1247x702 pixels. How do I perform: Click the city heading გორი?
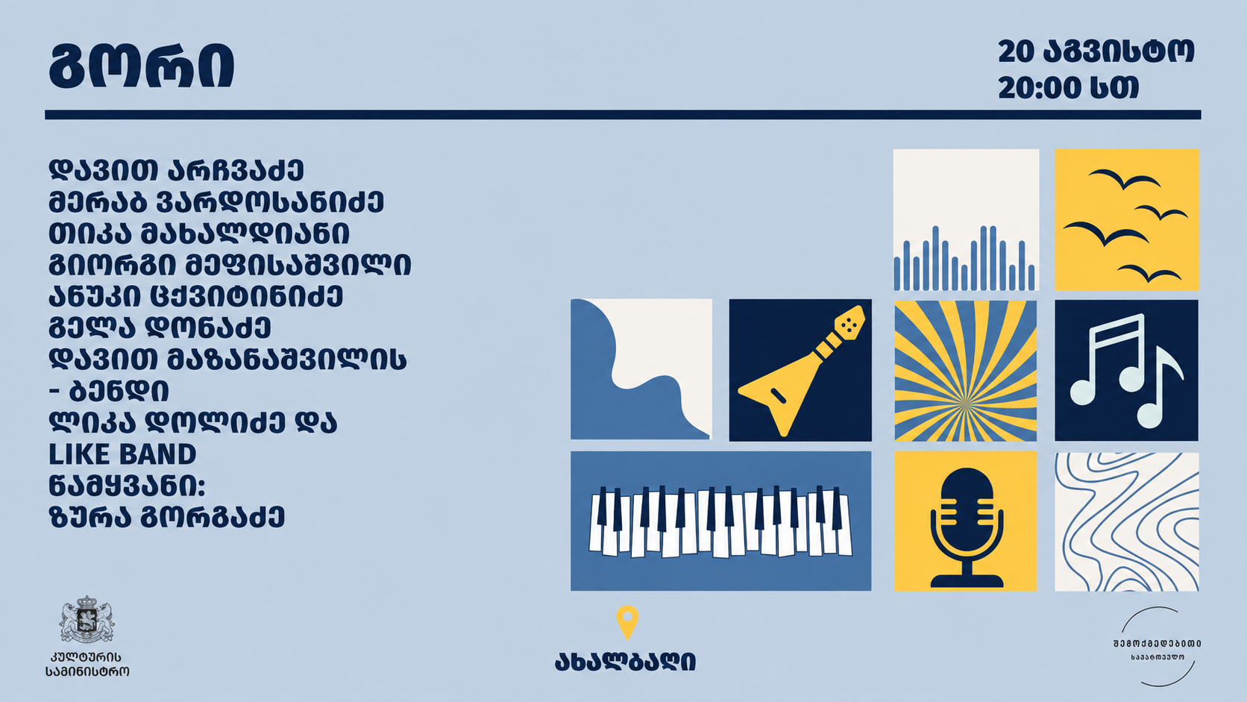pyautogui.click(x=142, y=66)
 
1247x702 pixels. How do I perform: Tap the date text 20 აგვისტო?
pyautogui.click(x=1096, y=51)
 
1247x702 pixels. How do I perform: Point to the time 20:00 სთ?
pyautogui.click(x=1068, y=88)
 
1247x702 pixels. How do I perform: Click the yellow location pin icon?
pyautogui.click(x=627, y=621)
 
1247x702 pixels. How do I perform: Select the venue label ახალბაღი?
pyautogui.click(x=625, y=662)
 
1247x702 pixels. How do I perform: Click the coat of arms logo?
pyautogui.click(x=87, y=619)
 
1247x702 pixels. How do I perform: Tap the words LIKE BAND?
pyautogui.click(x=122, y=454)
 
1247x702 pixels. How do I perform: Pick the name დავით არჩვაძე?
pyautogui.click(x=176, y=170)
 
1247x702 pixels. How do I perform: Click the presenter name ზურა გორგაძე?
pyautogui.click(x=167, y=517)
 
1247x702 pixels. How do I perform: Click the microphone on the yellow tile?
pyautogui.click(x=967, y=527)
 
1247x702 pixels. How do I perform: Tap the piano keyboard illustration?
pyautogui.click(x=720, y=521)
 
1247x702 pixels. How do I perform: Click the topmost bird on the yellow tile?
pyautogui.click(x=1124, y=179)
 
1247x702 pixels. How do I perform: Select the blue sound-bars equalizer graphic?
pyautogui.click(x=965, y=258)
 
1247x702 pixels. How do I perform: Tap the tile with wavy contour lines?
pyautogui.click(x=1127, y=521)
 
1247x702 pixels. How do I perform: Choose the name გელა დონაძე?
pyautogui.click(x=160, y=328)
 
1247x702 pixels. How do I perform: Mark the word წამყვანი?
pyautogui.click(x=127, y=486)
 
